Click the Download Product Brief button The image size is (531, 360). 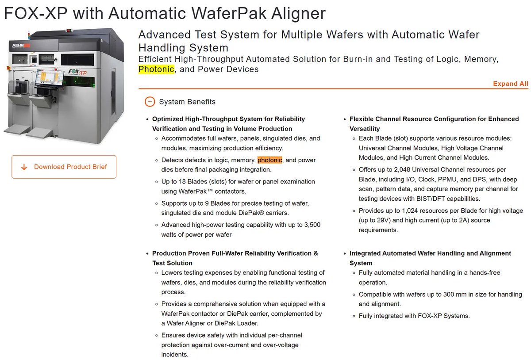coord(64,167)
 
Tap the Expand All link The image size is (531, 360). coord(510,84)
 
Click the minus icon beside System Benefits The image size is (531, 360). coord(150,102)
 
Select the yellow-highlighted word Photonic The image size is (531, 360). coord(156,69)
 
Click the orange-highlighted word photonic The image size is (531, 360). coord(270,160)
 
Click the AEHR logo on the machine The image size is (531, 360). coord(21,46)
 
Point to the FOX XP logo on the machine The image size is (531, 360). coord(77,72)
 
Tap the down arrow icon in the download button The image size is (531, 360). coord(24,167)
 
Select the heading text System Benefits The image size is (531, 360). coord(187,102)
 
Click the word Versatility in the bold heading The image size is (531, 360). coord(365,129)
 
